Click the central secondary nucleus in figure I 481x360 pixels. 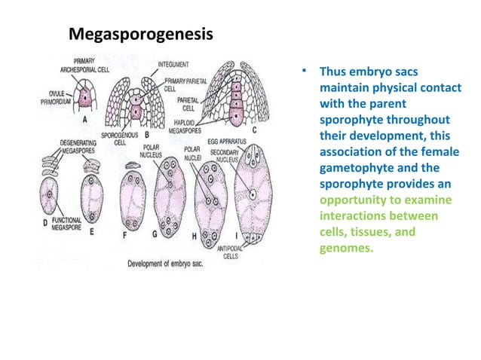click(x=254, y=195)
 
